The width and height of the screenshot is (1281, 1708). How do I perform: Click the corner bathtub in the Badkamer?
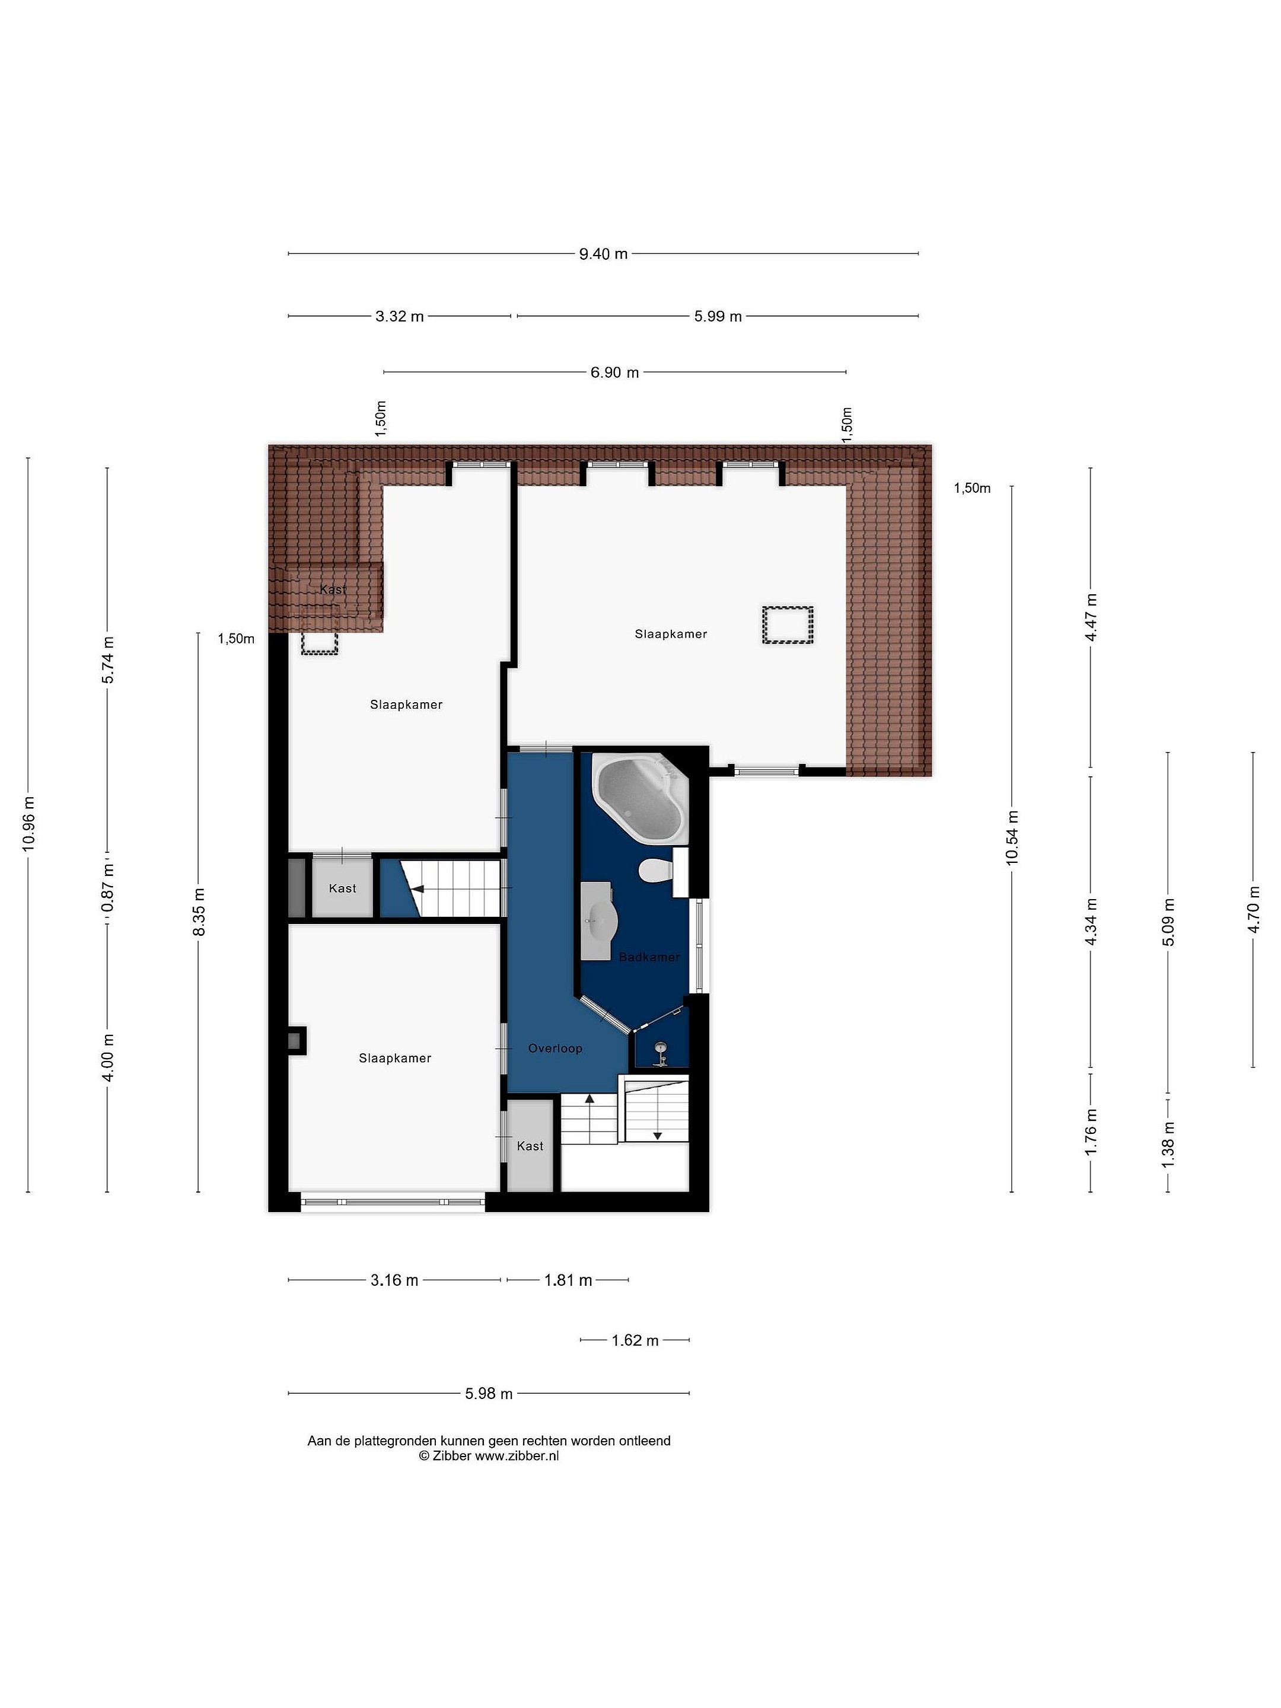[x=639, y=800]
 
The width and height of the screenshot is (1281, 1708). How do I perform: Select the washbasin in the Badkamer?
[x=598, y=920]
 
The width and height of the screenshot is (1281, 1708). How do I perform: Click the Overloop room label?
[x=555, y=1049]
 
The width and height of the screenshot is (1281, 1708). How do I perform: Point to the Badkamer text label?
[x=649, y=957]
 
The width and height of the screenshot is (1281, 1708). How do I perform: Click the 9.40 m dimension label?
[x=603, y=254]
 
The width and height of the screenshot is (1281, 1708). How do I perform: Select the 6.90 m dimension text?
[x=614, y=373]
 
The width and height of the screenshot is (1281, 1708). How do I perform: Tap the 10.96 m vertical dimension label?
[x=28, y=823]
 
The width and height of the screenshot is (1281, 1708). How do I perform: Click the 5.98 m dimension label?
[x=489, y=1394]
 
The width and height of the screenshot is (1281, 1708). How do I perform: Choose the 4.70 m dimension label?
[x=1253, y=908]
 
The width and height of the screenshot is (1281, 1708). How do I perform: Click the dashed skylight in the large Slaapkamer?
[x=788, y=624]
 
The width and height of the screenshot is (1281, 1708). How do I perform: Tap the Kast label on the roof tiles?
[x=333, y=590]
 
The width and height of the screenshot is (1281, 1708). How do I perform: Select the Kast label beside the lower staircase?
[x=530, y=1146]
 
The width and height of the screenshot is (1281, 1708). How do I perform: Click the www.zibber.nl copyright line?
[x=489, y=1457]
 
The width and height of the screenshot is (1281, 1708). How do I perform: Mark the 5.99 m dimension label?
[x=718, y=317]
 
